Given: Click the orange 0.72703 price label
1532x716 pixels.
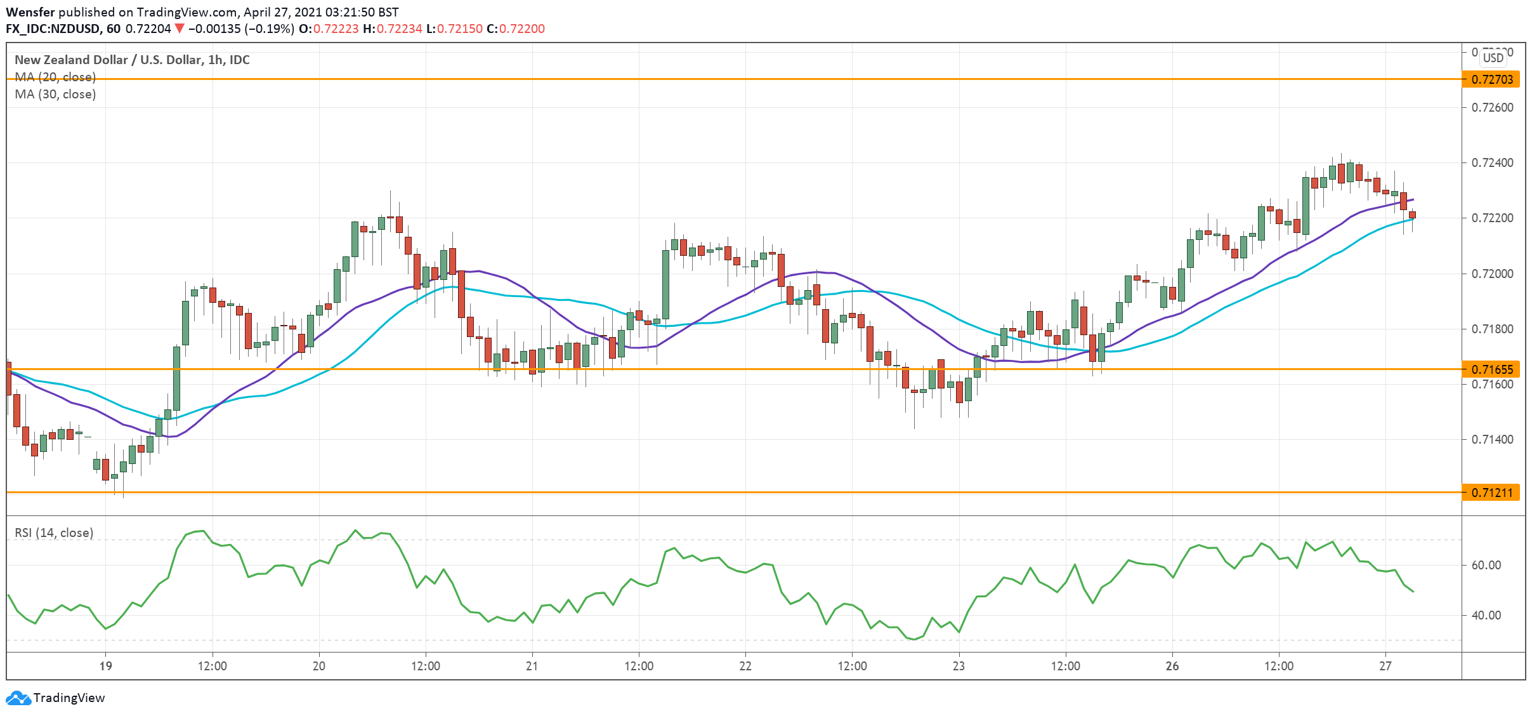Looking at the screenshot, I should [1491, 79].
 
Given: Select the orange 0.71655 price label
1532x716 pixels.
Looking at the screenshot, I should [1491, 369].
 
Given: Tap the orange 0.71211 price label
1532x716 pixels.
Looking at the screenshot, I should [1491, 493].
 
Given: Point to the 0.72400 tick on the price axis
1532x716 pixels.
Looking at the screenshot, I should [1491, 163].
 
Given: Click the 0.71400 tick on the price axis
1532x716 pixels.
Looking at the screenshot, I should [1491, 439].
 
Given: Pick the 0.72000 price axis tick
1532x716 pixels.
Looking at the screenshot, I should [1491, 274].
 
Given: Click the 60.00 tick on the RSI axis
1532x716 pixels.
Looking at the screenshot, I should [1486, 565].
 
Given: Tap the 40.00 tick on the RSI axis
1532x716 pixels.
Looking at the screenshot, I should [1486, 615].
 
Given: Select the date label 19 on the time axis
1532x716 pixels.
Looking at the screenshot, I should [106, 666].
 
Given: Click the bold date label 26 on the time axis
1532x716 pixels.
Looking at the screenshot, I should [1172, 666].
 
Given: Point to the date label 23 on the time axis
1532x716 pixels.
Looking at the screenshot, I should [959, 666].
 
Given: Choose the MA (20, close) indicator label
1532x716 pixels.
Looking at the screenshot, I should [55, 77].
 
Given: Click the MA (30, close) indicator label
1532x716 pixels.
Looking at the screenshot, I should [55, 94].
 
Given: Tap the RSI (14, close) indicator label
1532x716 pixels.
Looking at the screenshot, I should [54, 533].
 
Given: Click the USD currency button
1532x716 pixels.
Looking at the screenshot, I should [1493, 58].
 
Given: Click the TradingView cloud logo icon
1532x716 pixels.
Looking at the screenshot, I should [18, 698].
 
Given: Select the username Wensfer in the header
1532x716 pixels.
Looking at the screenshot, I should [30, 12].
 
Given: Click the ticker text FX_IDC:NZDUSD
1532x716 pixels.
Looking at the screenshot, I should [53, 29].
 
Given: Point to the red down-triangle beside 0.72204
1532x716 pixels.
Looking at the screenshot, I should [180, 29].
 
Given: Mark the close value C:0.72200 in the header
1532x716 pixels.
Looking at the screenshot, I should [516, 29].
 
